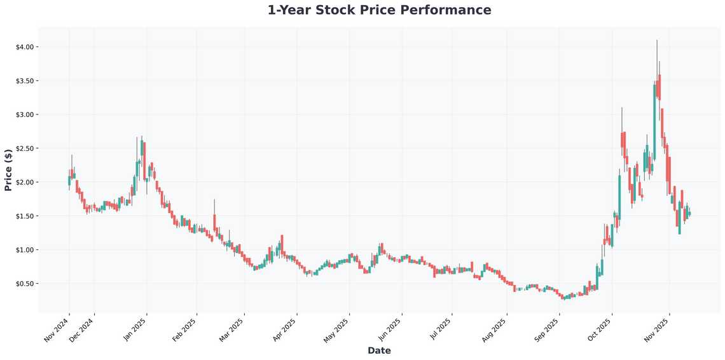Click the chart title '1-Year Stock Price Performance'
pos(379,10)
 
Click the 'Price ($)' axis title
pos(8,170)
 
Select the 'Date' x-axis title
pos(379,350)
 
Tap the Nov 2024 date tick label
pos(57,330)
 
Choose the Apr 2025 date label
pos(284,330)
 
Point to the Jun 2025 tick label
pos(389,330)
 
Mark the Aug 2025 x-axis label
pos(495,330)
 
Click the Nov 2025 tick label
pos(658,330)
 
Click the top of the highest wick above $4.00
pos(657,40)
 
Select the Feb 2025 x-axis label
pos(184,330)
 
